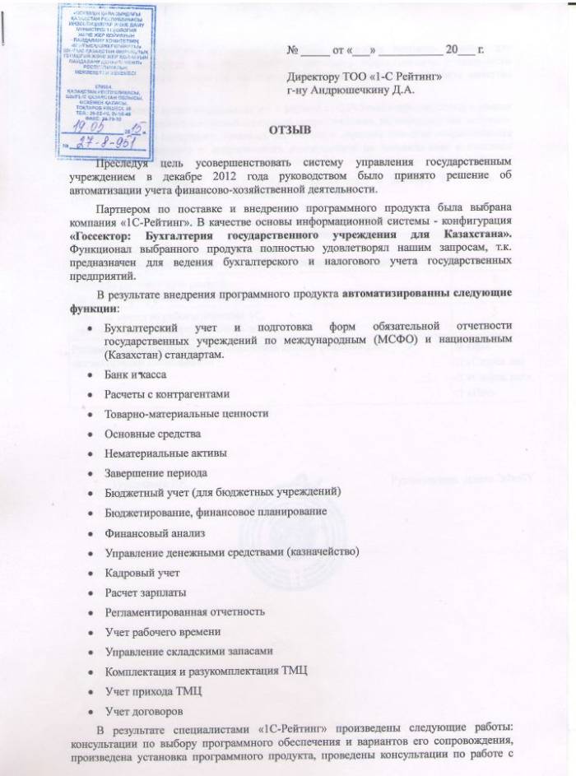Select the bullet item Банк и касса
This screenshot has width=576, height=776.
point(137,375)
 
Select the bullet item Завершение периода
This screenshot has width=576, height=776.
point(156,472)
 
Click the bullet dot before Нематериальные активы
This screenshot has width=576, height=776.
point(90,453)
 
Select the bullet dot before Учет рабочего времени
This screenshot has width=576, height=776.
point(90,632)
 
